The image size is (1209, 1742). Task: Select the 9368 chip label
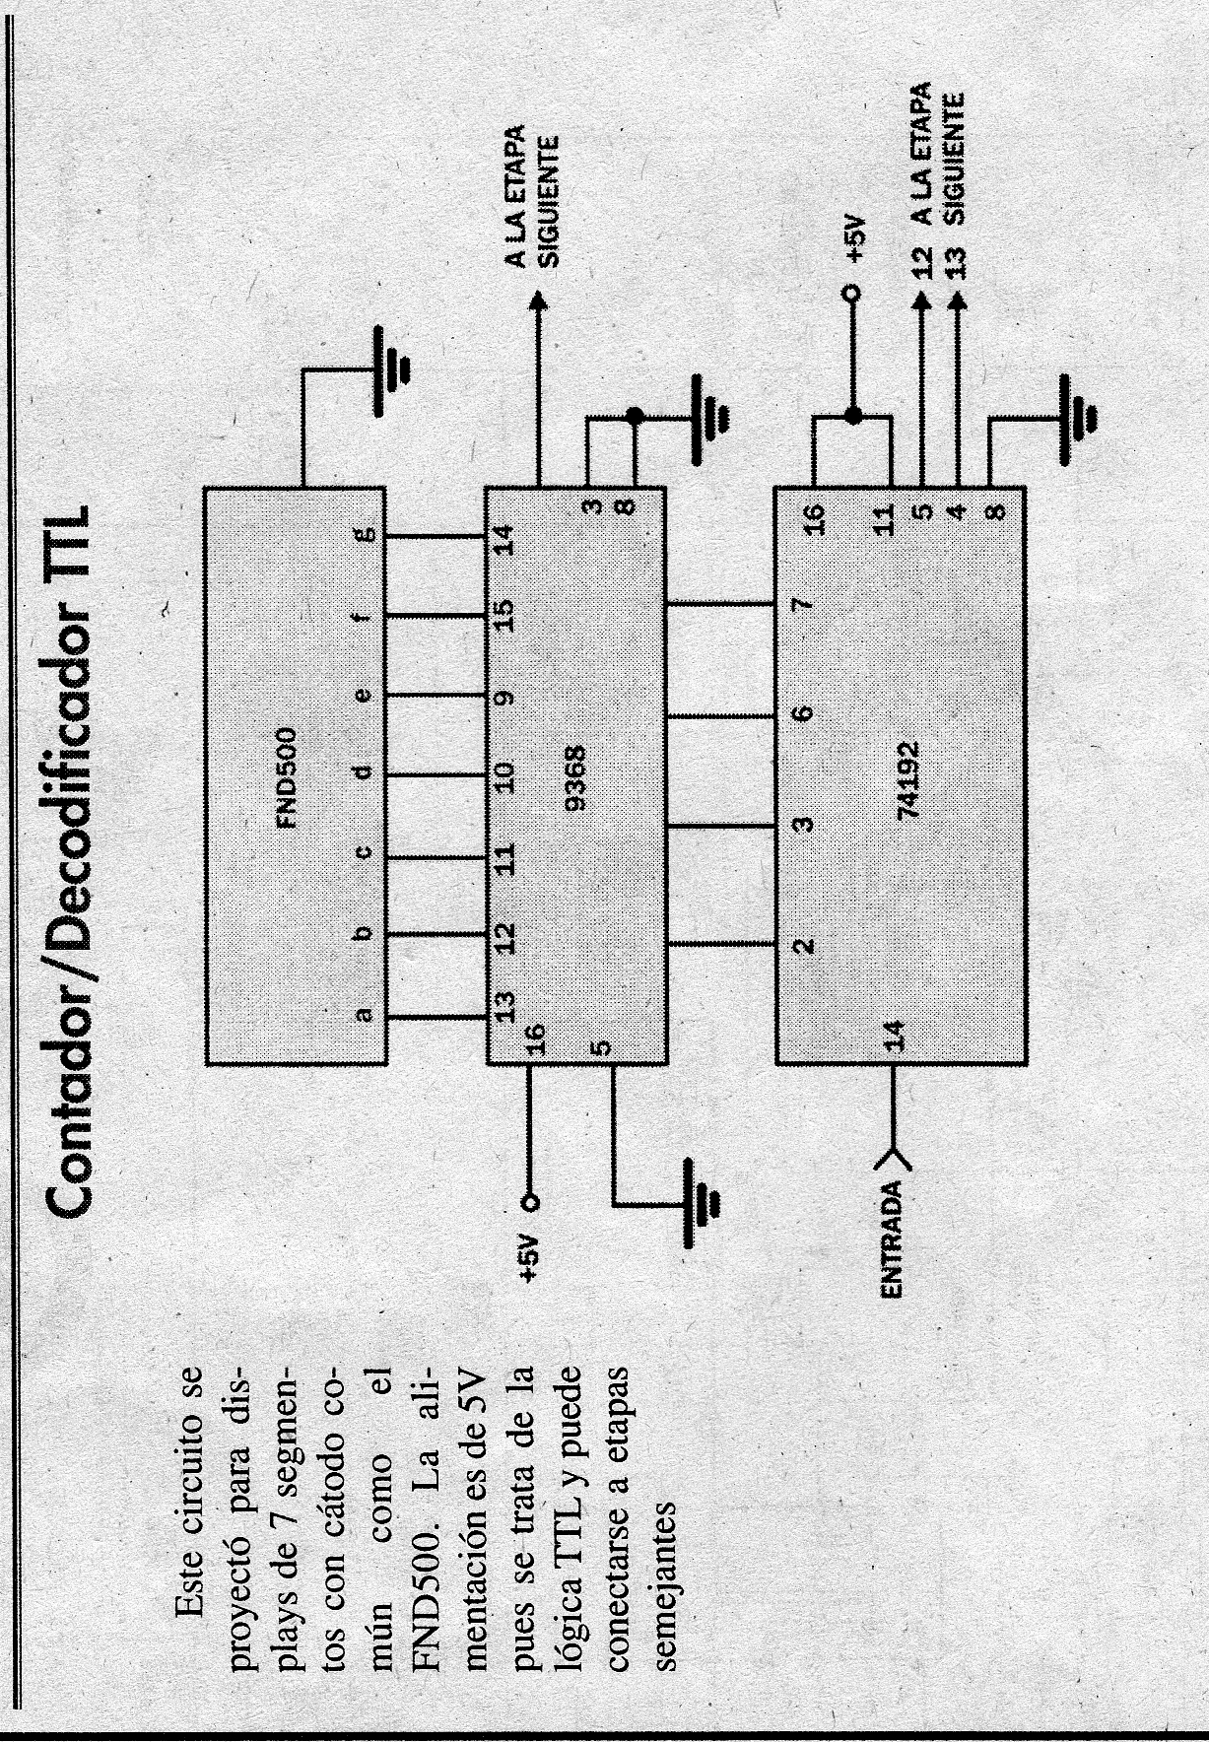(577, 777)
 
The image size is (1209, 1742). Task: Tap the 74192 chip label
(908, 779)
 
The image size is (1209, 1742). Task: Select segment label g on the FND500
(365, 535)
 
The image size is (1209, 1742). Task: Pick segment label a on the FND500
(365, 1015)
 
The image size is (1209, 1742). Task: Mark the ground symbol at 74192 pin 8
(1079, 418)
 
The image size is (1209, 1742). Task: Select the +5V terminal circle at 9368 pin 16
(531, 1202)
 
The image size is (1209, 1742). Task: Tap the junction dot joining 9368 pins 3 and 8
(635, 417)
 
